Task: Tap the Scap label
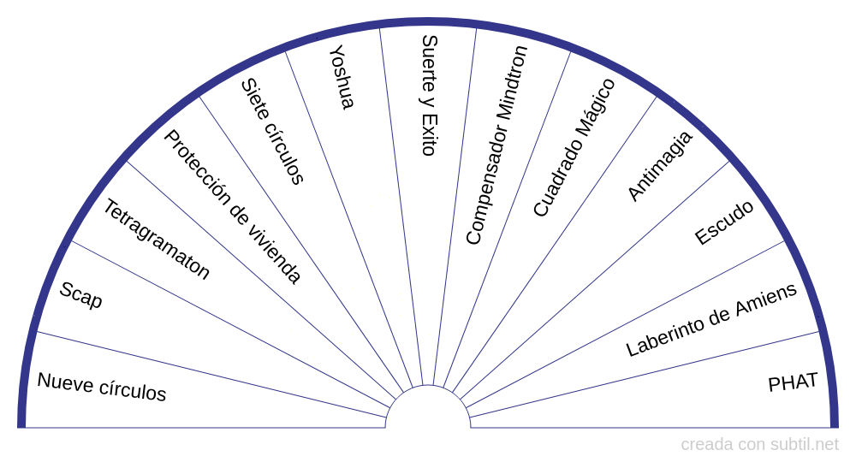[80, 295]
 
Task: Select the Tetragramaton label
[157, 240]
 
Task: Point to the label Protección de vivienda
[232, 207]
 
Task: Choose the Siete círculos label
[272, 131]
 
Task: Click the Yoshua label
[341, 77]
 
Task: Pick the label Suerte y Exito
[429, 95]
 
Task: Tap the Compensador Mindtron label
[496, 145]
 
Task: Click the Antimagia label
[660, 166]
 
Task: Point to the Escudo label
[724, 222]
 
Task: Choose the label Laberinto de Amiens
[711, 319]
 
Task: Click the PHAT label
[793, 382]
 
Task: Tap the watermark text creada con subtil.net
[759, 445]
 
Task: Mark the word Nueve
[60, 381]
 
